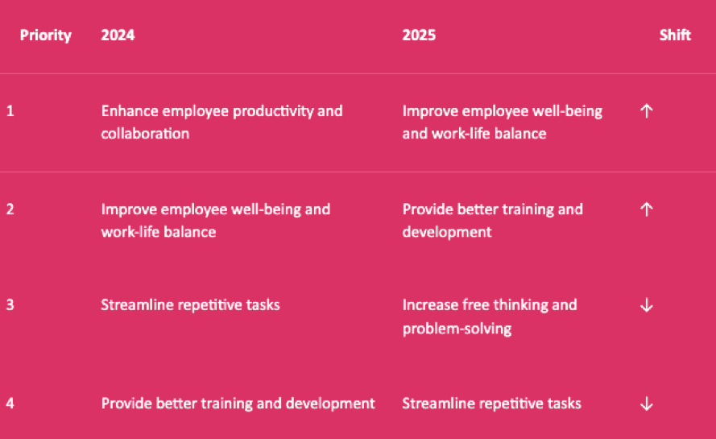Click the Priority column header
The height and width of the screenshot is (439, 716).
pyautogui.click(x=46, y=35)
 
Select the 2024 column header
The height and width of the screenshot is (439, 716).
pyautogui.click(x=118, y=35)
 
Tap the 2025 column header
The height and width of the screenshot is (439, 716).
pyautogui.click(x=419, y=35)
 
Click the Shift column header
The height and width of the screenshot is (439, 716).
pyautogui.click(x=675, y=35)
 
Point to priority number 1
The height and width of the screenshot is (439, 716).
pyautogui.click(x=10, y=111)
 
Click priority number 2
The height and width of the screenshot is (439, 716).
pyautogui.click(x=10, y=209)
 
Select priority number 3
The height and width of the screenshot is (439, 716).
pyautogui.click(x=10, y=304)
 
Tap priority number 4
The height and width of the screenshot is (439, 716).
pyautogui.click(x=10, y=404)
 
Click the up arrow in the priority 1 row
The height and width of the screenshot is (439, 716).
pyautogui.click(x=646, y=111)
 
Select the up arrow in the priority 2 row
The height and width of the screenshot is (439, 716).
pyautogui.click(x=646, y=209)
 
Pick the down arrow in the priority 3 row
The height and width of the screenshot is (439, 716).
pyautogui.click(x=646, y=305)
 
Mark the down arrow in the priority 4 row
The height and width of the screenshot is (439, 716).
pyautogui.click(x=646, y=404)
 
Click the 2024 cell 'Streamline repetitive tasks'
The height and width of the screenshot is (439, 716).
pyautogui.click(x=190, y=304)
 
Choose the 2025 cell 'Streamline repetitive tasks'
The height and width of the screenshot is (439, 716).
pyautogui.click(x=492, y=404)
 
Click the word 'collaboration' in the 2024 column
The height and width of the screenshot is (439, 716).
pyautogui.click(x=145, y=134)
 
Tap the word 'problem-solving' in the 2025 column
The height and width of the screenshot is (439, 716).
pyautogui.click(x=457, y=329)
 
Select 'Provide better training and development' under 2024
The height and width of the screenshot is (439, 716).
pyautogui.click(x=238, y=404)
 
